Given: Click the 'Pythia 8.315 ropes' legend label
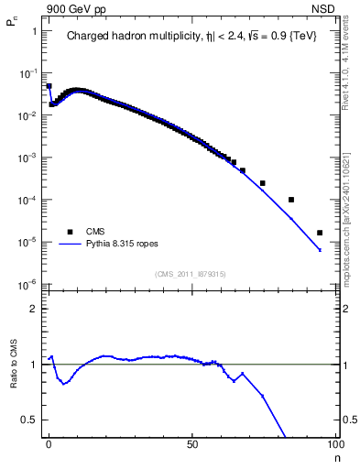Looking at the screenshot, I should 129,245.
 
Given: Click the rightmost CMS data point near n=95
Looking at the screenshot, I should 320,233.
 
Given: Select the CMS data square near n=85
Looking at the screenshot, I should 291,200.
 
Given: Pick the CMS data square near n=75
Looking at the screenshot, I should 263,183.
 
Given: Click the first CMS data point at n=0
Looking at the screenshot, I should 49,86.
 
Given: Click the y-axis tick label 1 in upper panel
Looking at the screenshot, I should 35,31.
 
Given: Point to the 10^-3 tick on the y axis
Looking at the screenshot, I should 30,158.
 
